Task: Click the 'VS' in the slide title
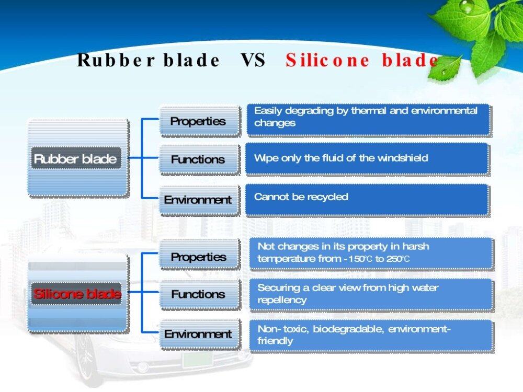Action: pos(253,60)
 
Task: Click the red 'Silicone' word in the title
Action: pos(327,60)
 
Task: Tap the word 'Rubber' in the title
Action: pos(116,60)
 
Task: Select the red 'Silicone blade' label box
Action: pos(76,293)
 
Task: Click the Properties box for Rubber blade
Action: pos(199,121)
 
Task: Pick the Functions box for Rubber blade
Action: pos(199,159)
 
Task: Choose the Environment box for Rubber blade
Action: pos(199,200)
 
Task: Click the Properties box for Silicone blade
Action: pos(199,256)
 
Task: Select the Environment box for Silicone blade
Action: pos(199,334)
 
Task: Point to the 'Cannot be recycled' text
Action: pos(301,197)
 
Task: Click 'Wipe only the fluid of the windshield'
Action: pos(341,158)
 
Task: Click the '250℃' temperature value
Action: pos(398,259)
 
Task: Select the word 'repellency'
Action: pos(282,301)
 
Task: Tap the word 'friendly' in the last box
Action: pos(275,341)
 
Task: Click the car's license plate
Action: pos(198,360)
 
